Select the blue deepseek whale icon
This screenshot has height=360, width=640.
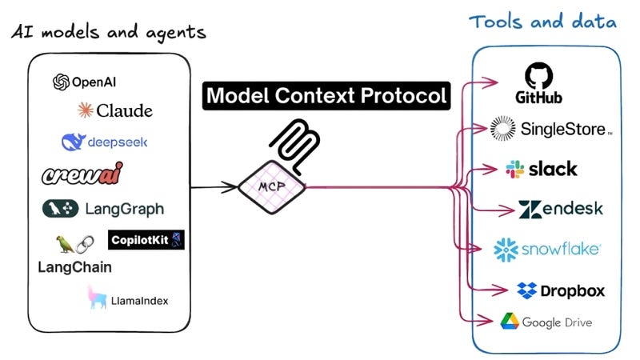(x=74, y=142)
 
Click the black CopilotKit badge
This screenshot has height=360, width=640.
(x=146, y=238)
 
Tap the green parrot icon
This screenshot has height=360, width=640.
(x=62, y=242)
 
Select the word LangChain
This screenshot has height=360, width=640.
(x=74, y=267)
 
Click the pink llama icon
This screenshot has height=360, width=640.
(x=98, y=298)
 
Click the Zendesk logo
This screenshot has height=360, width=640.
(x=560, y=210)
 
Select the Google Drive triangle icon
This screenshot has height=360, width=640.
(x=509, y=322)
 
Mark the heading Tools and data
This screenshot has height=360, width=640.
(x=543, y=22)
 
